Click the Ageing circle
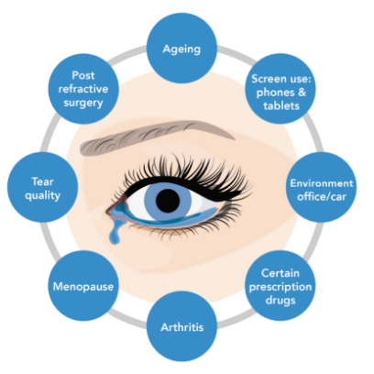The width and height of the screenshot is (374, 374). (181, 48)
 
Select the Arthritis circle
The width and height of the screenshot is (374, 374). (181, 326)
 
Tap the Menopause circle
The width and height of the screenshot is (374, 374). (83, 286)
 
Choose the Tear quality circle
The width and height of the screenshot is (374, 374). (42, 187)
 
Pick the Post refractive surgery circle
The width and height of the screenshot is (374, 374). (83, 89)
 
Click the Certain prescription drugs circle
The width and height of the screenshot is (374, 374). (280, 286)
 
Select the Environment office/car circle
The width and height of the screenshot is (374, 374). (321, 187)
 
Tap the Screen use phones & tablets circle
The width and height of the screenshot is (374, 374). (280, 89)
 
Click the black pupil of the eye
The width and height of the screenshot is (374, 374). (168, 201)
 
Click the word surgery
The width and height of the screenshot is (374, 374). (83, 103)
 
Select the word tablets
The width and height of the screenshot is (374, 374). (281, 105)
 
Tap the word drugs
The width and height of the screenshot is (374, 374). (280, 301)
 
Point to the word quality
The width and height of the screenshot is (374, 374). (42, 195)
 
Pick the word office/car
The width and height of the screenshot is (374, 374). (322, 197)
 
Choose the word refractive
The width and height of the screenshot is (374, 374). (83, 89)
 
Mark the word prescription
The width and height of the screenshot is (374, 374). (280, 287)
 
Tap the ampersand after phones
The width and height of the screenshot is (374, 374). (302, 92)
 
